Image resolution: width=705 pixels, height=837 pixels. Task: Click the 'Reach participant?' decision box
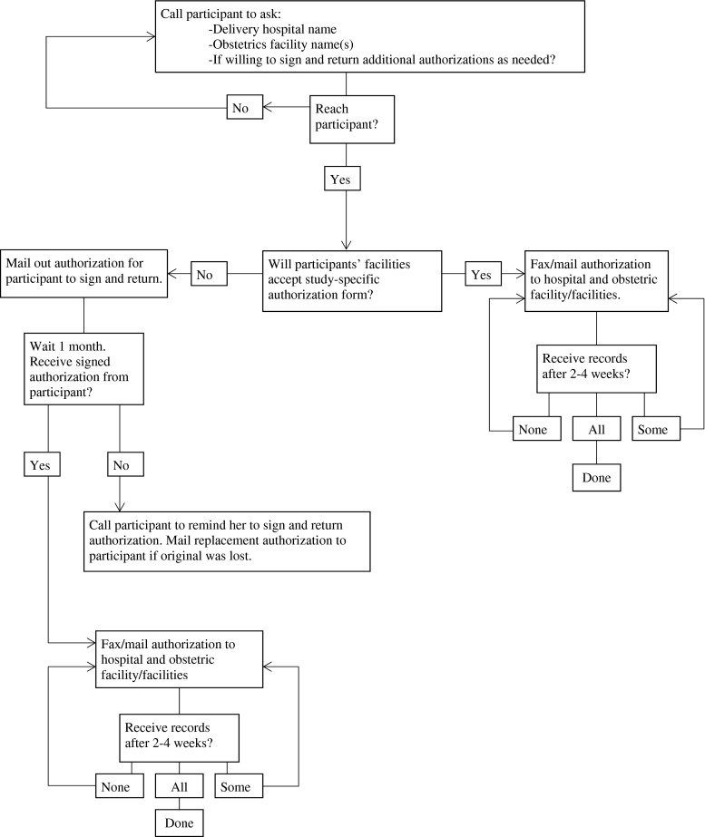[353, 117]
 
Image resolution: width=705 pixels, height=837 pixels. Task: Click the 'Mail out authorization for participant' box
[84, 270]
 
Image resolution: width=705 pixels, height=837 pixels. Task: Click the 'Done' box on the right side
[596, 477]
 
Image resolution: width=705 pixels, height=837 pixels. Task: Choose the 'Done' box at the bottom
[179, 822]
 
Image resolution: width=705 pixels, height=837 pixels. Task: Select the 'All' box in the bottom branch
[178, 786]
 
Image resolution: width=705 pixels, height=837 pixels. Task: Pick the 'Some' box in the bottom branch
[239, 786]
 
